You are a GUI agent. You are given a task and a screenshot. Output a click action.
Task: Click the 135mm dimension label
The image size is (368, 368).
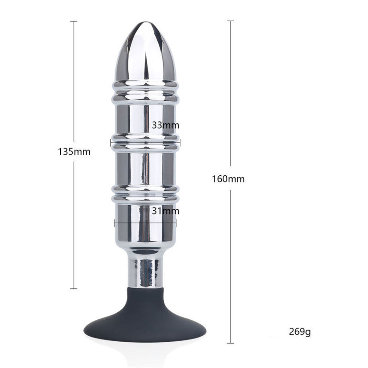point(74,151)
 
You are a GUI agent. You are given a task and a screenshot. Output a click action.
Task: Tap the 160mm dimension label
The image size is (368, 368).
point(228,179)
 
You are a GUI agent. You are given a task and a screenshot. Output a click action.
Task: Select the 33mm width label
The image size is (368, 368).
point(165,125)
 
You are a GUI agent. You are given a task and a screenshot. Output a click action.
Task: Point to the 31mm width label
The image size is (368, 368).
point(165,211)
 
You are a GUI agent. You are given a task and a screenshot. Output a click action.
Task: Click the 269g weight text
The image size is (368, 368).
point(300,331)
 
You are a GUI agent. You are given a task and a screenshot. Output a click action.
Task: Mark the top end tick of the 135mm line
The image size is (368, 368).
point(74,21)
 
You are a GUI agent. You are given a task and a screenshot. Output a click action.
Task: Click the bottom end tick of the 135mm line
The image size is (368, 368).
point(74,288)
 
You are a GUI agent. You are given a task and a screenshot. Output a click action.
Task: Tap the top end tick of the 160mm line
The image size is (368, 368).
point(230,21)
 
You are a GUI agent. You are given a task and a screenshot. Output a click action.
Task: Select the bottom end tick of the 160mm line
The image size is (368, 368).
point(230,343)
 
